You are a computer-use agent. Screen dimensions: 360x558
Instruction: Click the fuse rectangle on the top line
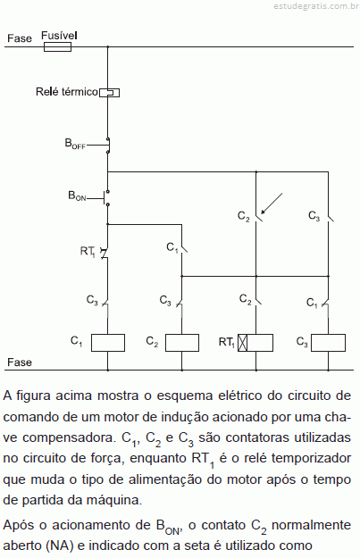tap(57, 47)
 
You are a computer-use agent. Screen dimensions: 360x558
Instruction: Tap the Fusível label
tap(59, 36)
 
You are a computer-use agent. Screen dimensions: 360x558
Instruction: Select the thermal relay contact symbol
tap(109, 93)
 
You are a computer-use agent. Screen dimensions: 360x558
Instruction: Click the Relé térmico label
tap(67, 92)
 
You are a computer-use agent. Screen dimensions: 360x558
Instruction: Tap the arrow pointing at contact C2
tap(272, 204)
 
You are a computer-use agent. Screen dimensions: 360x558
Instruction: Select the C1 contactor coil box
tap(108, 343)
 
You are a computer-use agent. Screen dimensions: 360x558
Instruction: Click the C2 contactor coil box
tap(182, 343)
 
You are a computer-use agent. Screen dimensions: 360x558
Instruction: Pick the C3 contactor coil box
tap(328, 343)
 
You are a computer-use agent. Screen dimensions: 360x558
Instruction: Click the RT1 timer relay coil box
tap(255, 343)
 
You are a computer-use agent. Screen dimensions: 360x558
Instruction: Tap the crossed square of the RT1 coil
tap(242, 343)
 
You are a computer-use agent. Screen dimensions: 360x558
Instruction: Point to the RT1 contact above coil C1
tap(105, 253)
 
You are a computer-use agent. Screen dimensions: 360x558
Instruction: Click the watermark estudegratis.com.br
tap(316, 6)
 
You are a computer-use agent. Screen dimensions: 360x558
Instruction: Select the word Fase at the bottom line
tap(20, 362)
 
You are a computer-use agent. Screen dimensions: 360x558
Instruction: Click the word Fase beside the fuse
tap(20, 38)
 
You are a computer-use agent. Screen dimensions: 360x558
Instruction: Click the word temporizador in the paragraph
tap(312, 458)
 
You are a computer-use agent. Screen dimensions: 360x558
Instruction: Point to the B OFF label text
tap(75, 144)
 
